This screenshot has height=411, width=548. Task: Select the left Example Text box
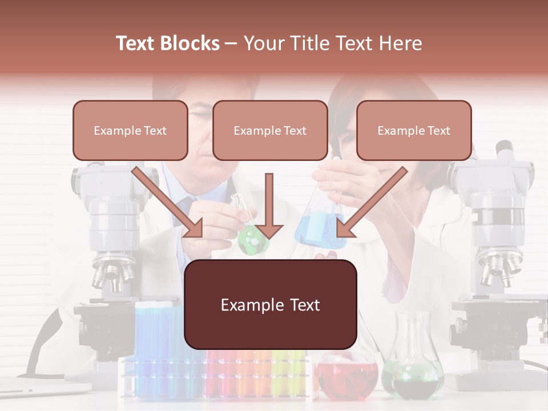130,130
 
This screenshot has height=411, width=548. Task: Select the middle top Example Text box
270,130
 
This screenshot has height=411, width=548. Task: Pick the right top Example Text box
414,130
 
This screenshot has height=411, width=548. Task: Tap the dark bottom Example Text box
271,304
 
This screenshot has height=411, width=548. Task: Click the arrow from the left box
168,203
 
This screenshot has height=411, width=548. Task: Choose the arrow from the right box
371,203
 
